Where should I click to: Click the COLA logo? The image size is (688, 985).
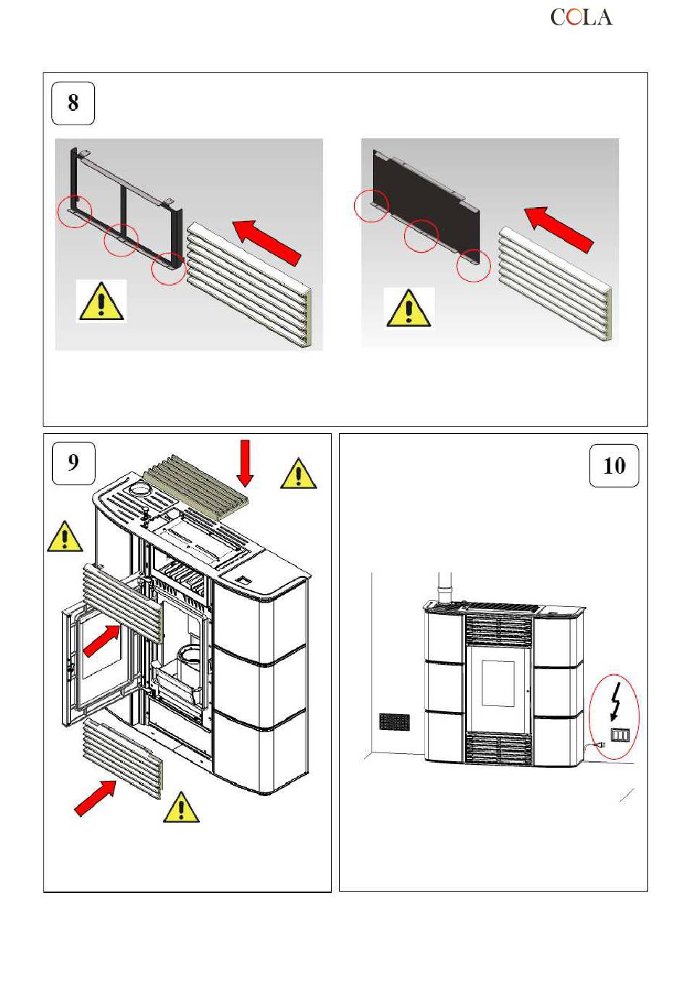(581, 17)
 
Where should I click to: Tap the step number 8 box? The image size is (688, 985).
(73, 104)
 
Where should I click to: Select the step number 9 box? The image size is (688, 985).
(73, 464)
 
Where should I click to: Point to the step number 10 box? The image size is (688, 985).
(613, 466)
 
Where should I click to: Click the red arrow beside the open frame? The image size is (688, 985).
(267, 243)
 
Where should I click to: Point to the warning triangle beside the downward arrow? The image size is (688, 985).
(298, 473)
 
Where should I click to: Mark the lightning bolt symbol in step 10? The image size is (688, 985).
(617, 701)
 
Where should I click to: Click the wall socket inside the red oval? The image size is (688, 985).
(620, 734)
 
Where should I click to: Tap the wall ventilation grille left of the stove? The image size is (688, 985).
(395, 721)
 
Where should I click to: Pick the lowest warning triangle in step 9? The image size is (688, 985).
(181, 808)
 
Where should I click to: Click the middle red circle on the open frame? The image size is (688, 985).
(122, 240)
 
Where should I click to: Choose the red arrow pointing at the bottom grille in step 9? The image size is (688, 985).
(96, 797)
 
